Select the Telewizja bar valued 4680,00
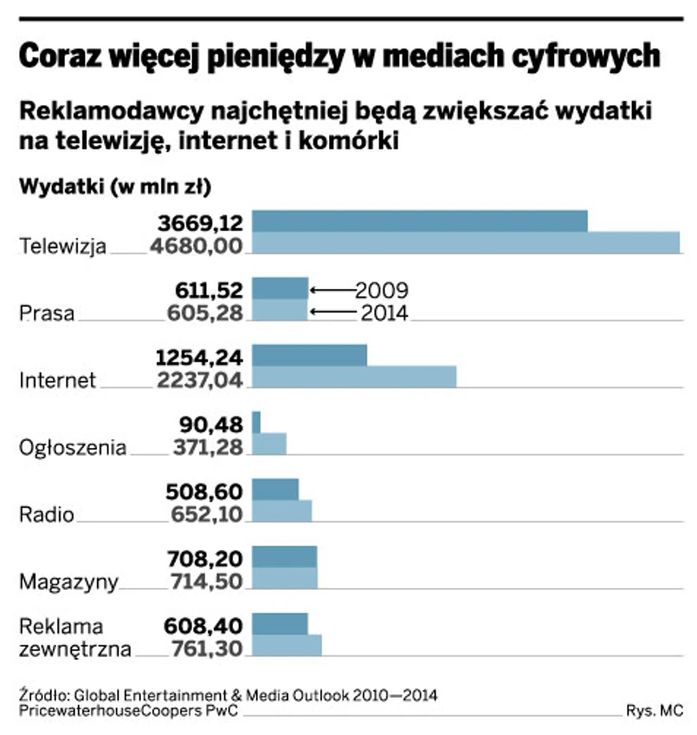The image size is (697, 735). coord(466,244)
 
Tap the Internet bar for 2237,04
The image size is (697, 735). coord(353,378)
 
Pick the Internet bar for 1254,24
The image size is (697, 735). coord(309,355)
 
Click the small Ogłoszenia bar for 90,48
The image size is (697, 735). coord(256,422)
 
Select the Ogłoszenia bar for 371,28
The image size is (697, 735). coord(268,444)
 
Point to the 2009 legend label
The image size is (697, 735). coord(382,290)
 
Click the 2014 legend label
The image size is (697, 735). coord(382,313)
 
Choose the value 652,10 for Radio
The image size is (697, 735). coord(209,514)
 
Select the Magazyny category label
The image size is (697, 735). coord(68,582)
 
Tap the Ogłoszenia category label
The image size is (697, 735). coord(73,448)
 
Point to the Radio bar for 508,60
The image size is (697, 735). coord(275,489)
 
